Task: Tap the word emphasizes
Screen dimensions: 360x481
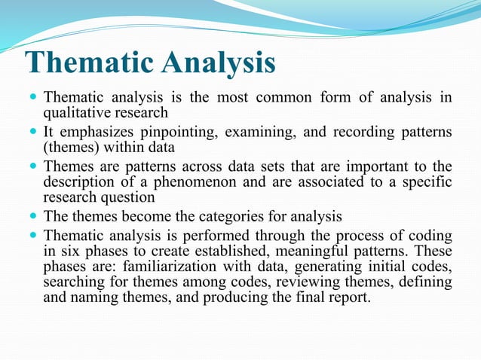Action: coord(95,133)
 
